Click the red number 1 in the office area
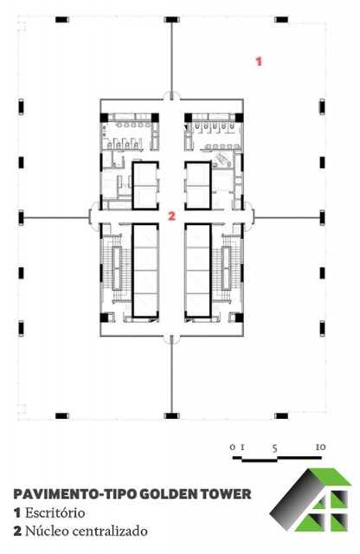tap(259, 61)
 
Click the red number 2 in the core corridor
tap(171, 216)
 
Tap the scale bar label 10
tap(320, 448)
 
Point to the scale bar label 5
tap(275, 448)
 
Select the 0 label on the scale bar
tap(232, 448)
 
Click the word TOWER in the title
tap(224, 494)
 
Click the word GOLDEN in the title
tap(167, 494)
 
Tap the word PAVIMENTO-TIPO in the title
tap(74, 494)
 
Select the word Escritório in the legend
tap(55, 512)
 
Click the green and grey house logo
tap(311, 499)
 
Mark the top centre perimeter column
tap(171, 19)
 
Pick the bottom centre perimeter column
tap(171, 415)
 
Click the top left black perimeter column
tap(62, 19)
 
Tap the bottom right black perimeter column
tap(281, 415)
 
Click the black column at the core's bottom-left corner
tap(105, 317)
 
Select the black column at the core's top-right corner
tap(239, 117)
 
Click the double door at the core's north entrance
tap(171, 95)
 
